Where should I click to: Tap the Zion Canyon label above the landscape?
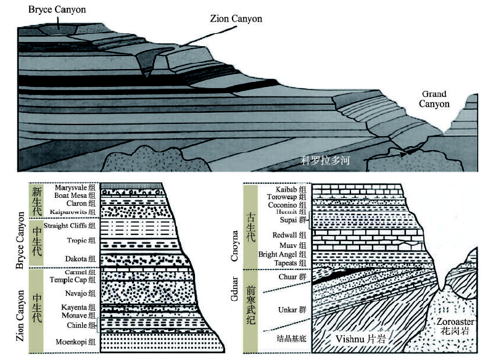[234, 19]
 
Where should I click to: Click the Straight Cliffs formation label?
[70, 226]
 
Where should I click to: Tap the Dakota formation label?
[79, 258]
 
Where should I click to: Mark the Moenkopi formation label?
[75, 341]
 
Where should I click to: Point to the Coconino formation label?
[283, 205]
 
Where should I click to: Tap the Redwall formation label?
[285, 235]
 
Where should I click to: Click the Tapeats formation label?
[284, 263]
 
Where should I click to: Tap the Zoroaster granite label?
[456, 326]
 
